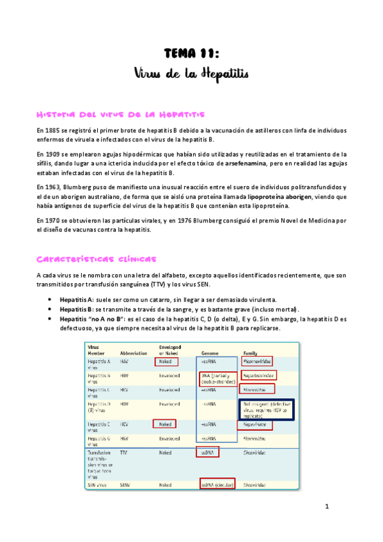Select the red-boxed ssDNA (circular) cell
click(x=217, y=485)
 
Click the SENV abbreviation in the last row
click(x=125, y=485)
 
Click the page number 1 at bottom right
click(x=326, y=507)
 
